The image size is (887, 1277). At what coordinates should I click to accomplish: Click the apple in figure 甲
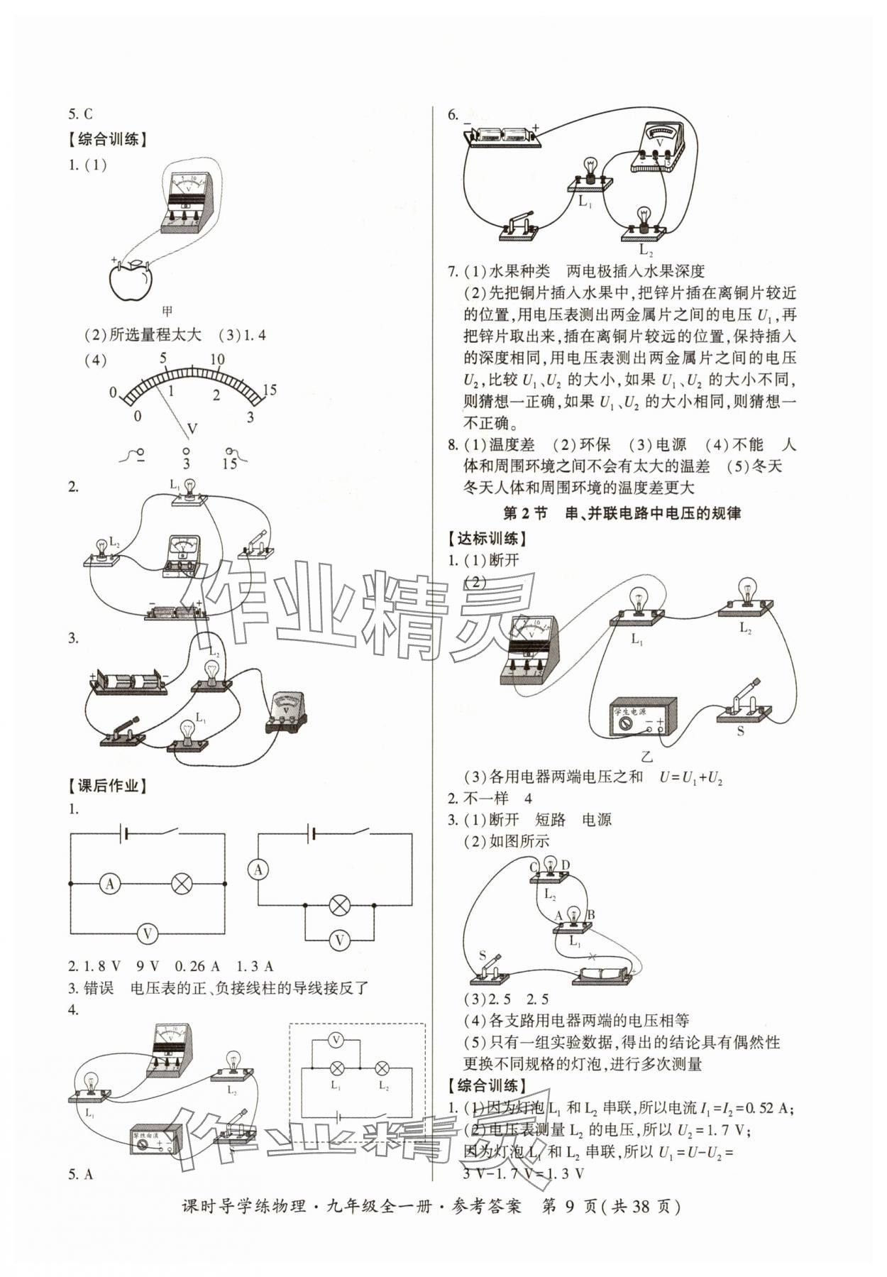[x=131, y=282]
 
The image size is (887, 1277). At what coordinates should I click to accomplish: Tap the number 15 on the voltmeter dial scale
[x=269, y=390]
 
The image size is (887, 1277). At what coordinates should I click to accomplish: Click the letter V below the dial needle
[x=192, y=428]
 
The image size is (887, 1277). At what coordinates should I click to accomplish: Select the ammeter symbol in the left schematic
[x=109, y=884]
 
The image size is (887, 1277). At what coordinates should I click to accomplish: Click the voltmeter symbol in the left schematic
[x=147, y=933]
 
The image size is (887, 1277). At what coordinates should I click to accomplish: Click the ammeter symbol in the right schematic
[x=258, y=870]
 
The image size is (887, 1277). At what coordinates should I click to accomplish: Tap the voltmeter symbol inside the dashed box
[x=337, y=1040]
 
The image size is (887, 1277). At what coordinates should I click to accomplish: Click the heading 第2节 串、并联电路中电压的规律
[x=621, y=513]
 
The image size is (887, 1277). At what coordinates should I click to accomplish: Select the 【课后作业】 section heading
[x=107, y=786]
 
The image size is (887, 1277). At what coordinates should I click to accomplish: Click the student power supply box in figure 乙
[x=643, y=718]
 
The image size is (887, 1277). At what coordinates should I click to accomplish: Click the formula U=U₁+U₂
[x=690, y=777]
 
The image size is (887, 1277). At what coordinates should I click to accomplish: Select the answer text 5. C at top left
[x=80, y=114]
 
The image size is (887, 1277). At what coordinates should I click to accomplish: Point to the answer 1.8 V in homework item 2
[x=104, y=966]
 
